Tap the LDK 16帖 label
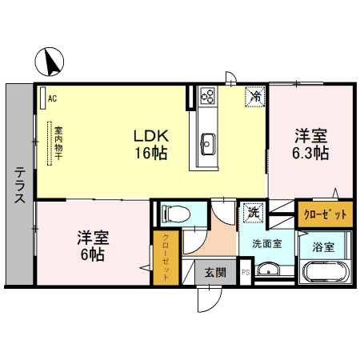point(150,145)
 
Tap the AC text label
point(52,98)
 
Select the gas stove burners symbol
point(207,97)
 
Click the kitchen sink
point(206,145)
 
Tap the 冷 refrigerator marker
point(255,97)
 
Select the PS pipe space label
point(245,272)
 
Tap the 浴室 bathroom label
point(323,245)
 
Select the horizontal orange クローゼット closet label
point(325,214)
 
